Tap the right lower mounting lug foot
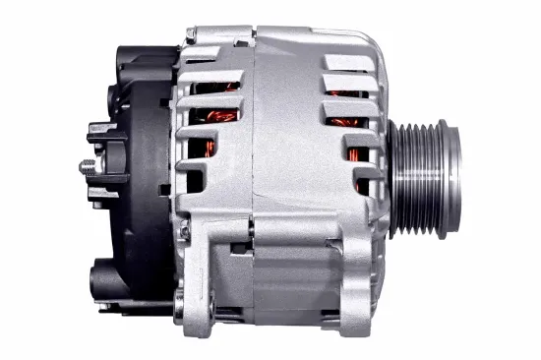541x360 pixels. tap(350, 304)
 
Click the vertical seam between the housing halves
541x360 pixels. tap(255, 148)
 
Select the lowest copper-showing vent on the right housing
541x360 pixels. tap(363, 183)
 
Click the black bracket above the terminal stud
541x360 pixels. tap(98, 132)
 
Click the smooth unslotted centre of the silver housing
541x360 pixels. tap(286, 148)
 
